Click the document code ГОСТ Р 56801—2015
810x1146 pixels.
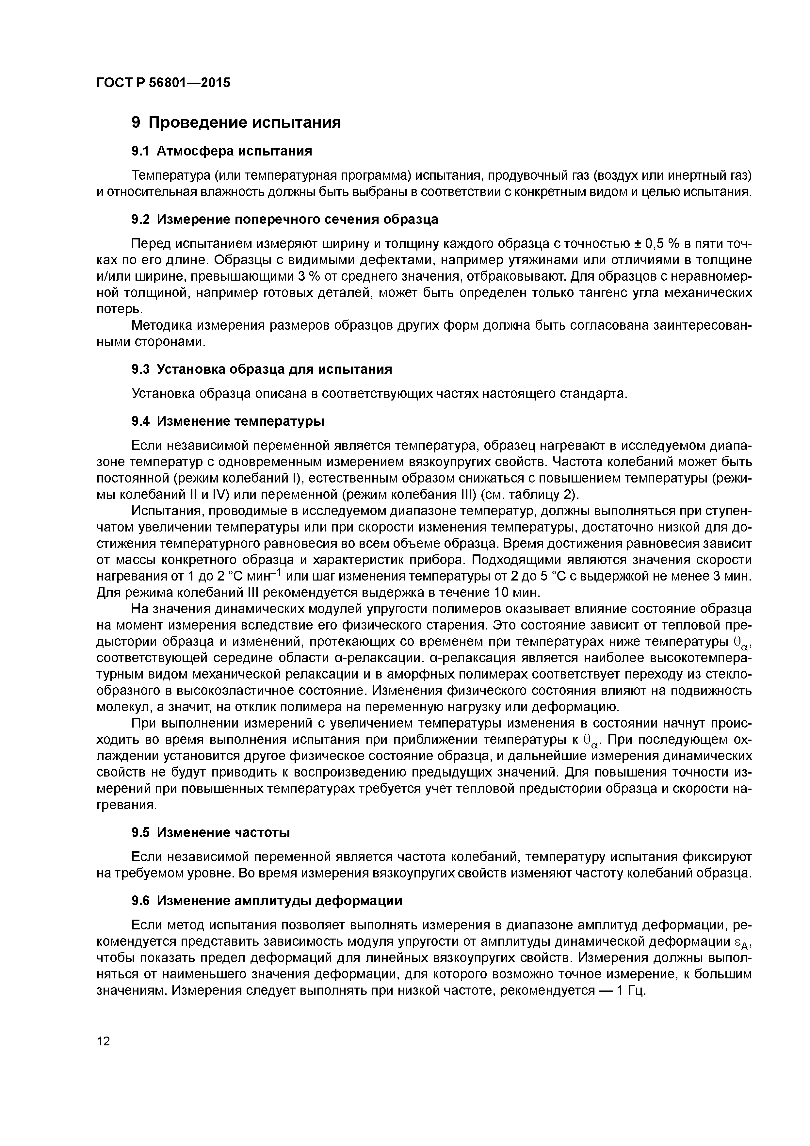pyautogui.click(x=163, y=83)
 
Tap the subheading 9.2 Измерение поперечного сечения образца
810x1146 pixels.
pyautogui.click(x=284, y=219)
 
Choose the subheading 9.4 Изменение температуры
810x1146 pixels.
pyautogui.click(x=228, y=421)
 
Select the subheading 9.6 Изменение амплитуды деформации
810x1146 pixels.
pyautogui.click(x=267, y=900)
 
